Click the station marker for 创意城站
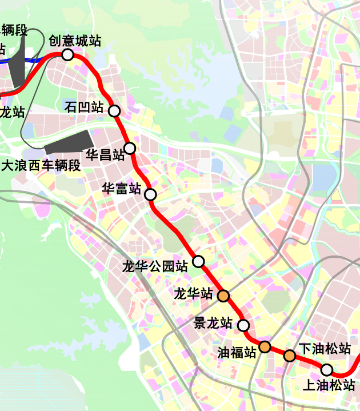(x=67, y=55)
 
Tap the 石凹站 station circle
(x=114, y=110)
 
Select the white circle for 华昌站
(x=130, y=149)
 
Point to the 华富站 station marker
(x=150, y=194)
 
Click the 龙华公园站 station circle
(x=198, y=261)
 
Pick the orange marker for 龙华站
(x=223, y=296)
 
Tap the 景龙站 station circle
(x=243, y=325)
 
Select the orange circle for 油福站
(x=265, y=346)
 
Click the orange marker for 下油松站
(x=290, y=356)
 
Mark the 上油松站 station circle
(x=326, y=369)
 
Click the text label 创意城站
(x=75, y=41)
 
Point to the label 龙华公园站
(x=155, y=266)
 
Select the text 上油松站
(x=329, y=386)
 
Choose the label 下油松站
(x=325, y=348)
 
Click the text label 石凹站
(x=84, y=107)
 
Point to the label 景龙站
(x=213, y=323)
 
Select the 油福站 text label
(x=237, y=352)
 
